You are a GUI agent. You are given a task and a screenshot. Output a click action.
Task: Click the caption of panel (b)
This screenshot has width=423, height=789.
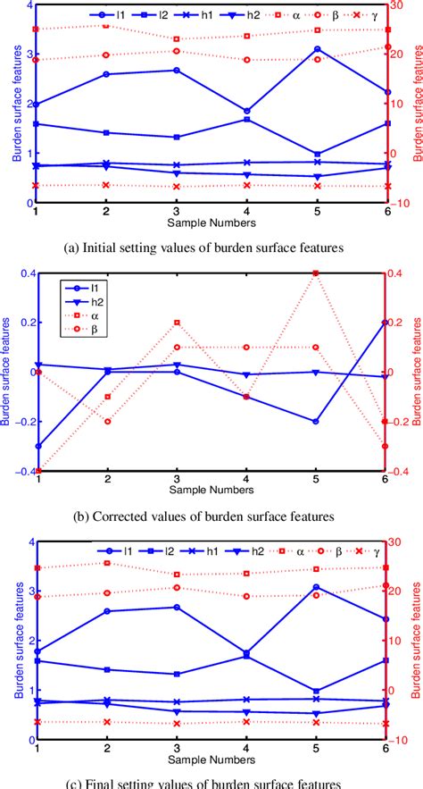211,516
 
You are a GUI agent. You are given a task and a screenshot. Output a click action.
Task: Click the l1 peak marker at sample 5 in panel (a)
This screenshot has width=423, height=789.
317,49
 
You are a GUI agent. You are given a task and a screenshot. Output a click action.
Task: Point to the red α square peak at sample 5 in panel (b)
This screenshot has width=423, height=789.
317,273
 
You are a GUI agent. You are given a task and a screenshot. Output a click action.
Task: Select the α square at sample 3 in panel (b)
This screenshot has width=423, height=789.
177,323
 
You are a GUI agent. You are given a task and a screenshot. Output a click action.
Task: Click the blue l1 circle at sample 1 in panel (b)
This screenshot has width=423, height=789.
37,446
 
